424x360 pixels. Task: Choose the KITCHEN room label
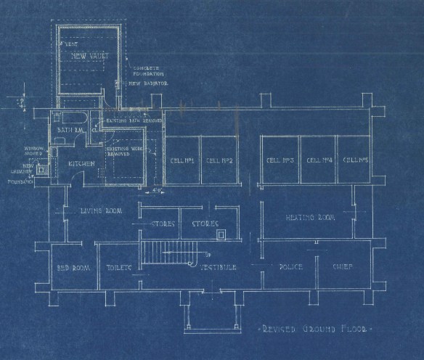tap(81, 165)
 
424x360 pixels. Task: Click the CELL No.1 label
tap(182, 160)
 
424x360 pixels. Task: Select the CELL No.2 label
tap(218, 160)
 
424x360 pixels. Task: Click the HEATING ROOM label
tap(308, 217)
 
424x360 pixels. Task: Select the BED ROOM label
tap(73, 267)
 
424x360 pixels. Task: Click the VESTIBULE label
tap(219, 267)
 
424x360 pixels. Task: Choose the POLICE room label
tap(290, 267)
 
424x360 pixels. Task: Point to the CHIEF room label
tap(343, 267)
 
